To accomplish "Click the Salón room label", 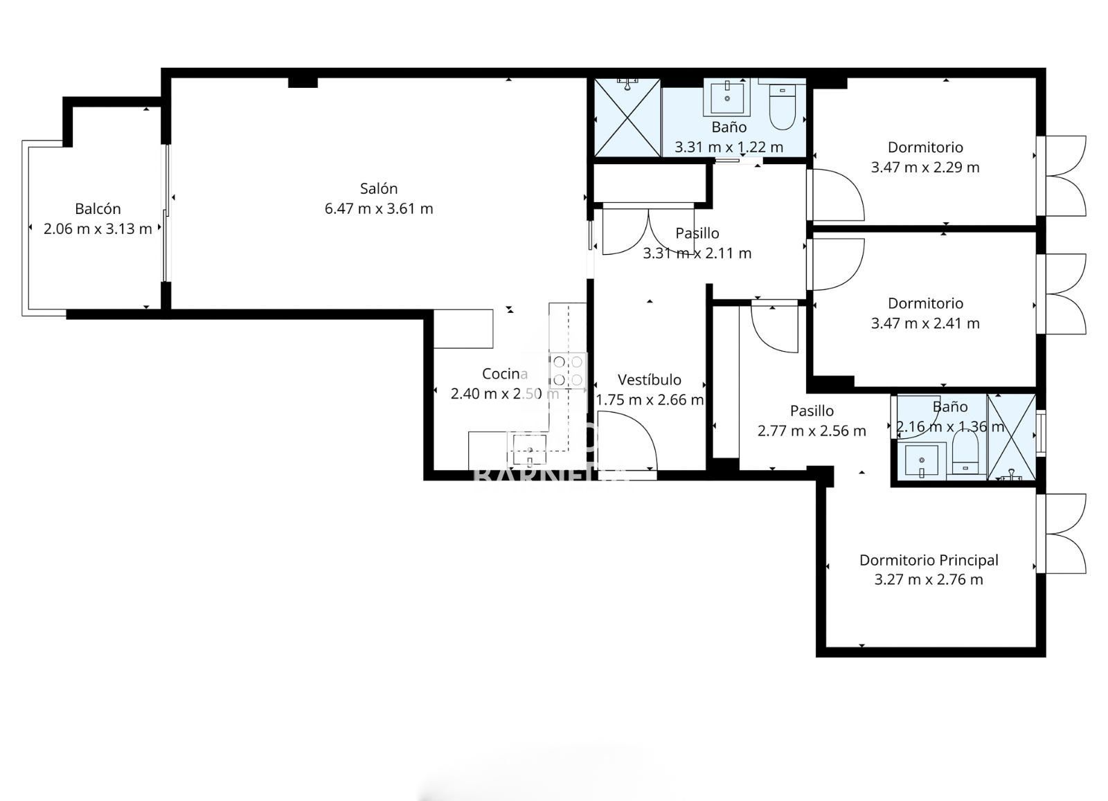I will click(379, 188).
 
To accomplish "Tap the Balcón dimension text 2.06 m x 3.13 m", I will click(98, 229).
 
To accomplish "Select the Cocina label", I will click(505, 374).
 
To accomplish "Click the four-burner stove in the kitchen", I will click(568, 371).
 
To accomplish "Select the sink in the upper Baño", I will click(727, 96).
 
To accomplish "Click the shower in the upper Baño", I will click(627, 118).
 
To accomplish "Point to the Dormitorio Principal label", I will click(929, 560).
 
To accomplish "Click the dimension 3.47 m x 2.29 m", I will click(925, 167).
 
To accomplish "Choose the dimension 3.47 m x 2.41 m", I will click(925, 323).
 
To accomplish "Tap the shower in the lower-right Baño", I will click(1012, 438).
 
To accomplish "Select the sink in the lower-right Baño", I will click(922, 461).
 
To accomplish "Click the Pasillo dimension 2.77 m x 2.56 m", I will click(812, 431).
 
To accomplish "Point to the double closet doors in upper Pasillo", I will click(647, 231).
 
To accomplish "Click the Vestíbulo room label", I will click(650, 380).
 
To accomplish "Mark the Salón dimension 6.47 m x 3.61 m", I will click(379, 209).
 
